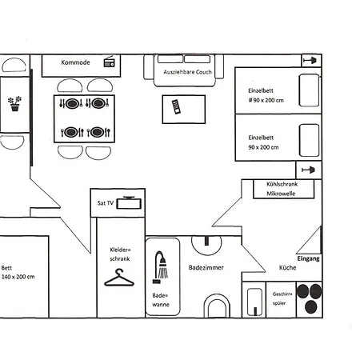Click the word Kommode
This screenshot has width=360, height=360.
pyautogui.click(x=75, y=62)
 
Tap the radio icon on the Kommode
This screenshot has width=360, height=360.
pyautogui.click(x=110, y=63)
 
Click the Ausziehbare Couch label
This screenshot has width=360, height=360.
pyautogui.click(x=187, y=71)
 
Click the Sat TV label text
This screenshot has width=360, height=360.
pyautogui.click(x=106, y=203)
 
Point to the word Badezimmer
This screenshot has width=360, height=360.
pyautogui.click(x=206, y=267)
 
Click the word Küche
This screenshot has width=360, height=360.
pyautogui.click(x=287, y=267)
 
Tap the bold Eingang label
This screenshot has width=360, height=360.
pyautogui.click(x=308, y=259)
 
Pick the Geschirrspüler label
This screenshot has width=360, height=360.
pyautogui.click(x=283, y=298)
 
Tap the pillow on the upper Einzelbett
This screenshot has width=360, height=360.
pyautogui.click(x=307, y=88)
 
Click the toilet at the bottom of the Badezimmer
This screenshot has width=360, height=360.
pyautogui.click(x=217, y=306)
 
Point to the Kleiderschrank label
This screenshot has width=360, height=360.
pyautogui.click(x=119, y=254)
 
